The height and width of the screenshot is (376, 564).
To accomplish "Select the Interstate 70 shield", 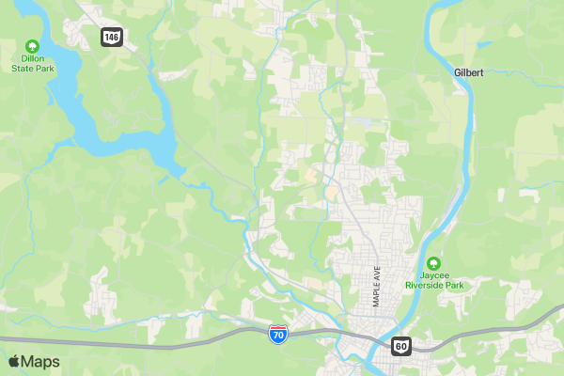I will click(x=277, y=334).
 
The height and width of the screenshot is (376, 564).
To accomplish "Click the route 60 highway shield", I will click(x=401, y=346).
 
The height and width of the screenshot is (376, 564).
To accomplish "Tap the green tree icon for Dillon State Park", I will click(x=32, y=45).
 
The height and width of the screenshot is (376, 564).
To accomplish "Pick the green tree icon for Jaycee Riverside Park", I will click(x=433, y=263).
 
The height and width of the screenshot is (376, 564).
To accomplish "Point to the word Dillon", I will click(x=32, y=58).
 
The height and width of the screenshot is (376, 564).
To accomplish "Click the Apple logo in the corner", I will click(x=13, y=362).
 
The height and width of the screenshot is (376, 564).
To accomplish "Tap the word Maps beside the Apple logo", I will click(x=40, y=362).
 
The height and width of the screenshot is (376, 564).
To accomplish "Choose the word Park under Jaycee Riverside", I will click(x=454, y=285).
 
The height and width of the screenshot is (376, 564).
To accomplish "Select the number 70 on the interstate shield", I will click(x=277, y=335).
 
